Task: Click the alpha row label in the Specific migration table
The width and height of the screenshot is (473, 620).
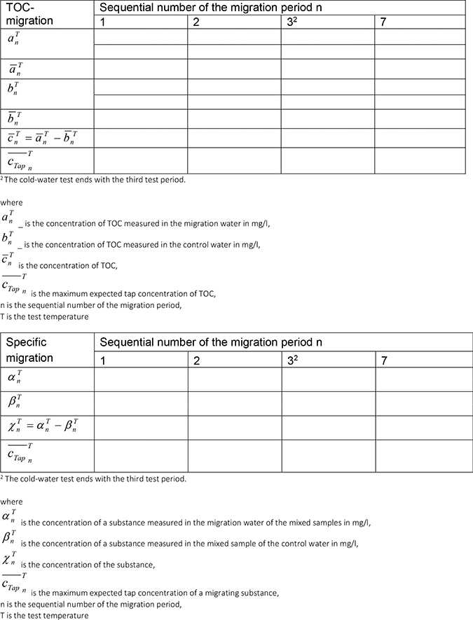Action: [16, 379]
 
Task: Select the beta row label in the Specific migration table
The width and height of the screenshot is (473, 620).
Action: [16, 404]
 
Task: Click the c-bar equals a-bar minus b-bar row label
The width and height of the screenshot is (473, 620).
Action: [46, 138]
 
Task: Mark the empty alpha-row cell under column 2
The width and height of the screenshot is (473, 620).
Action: [234, 379]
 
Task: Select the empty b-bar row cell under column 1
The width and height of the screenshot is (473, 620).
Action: [141, 118]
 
